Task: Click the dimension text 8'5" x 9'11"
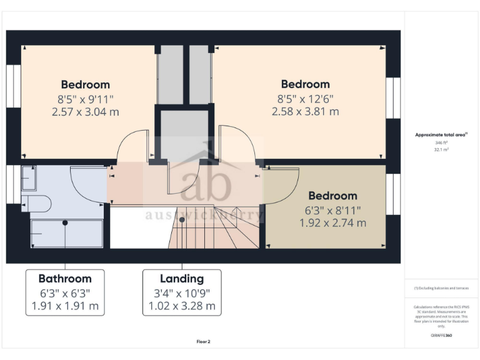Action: pos(85,99)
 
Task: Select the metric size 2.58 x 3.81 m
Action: pos(305,112)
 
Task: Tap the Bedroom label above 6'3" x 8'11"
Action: pos(332,196)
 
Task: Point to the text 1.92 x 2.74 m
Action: pos(332,223)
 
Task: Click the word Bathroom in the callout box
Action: pos(65,279)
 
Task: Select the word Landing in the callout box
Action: pos(182,279)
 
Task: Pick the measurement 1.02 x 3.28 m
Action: pos(182,306)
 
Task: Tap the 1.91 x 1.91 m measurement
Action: pos(65,306)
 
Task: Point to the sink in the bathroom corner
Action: pos(29,178)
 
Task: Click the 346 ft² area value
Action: pos(442,143)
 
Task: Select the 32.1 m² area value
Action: pos(442,150)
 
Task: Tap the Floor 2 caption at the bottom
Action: pos(203,342)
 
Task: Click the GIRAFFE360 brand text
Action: pos(441,336)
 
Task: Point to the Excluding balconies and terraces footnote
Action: pos(441,288)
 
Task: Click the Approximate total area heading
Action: pos(441,134)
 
